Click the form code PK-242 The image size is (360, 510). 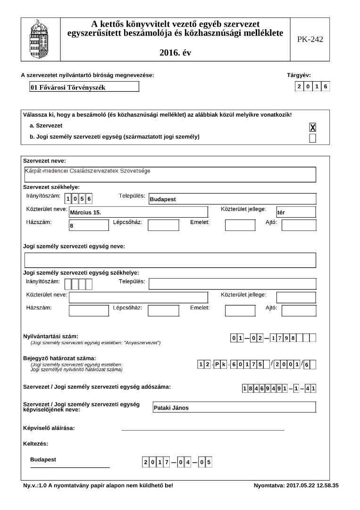[x=310, y=40]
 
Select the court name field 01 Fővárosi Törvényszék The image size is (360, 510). [x=84, y=87]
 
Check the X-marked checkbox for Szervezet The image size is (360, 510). [x=312, y=127]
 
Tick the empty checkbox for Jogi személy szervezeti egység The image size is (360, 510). [x=312, y=138]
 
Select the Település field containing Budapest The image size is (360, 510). [x=232, y=199]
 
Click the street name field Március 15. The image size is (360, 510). [x=138, y=212]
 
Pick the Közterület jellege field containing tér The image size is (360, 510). [x=296, y=212]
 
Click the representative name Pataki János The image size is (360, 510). [x=234, y=408]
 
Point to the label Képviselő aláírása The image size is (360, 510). [x=49, y=428]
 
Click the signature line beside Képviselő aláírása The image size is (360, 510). [x=203, y=430]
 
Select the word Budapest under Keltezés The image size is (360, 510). [x=43, y=459]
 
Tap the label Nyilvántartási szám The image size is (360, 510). [x=50, y=336]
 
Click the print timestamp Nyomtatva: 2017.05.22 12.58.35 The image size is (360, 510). [x=296, y=485]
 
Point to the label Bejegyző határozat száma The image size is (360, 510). [x=59, y=358]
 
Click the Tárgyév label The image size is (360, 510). [x=299, y=75]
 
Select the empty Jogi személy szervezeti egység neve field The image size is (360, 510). [x=170, y=260]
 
